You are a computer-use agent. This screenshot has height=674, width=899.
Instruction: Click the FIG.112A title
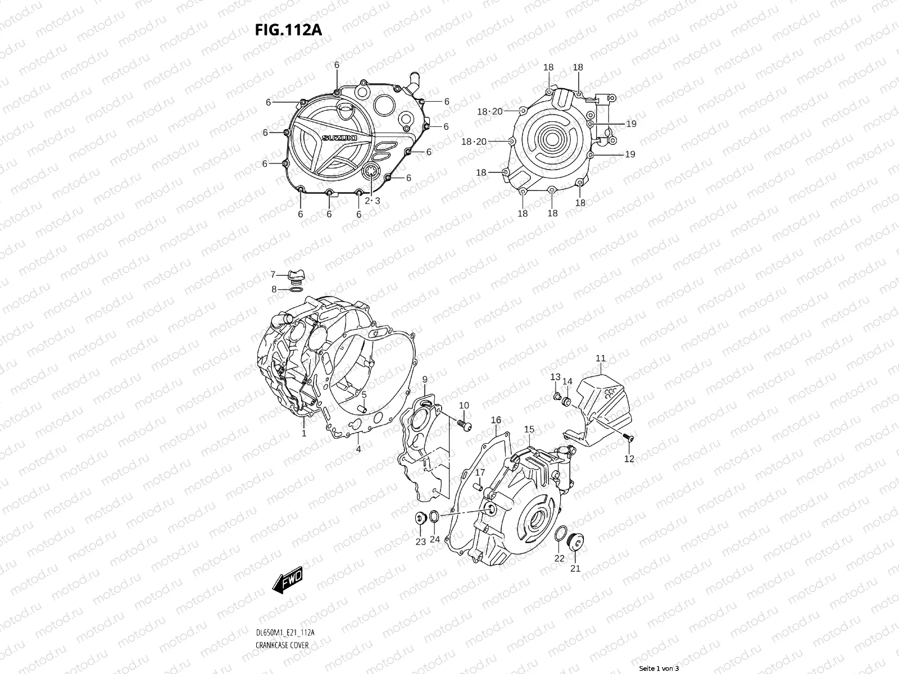[x=288, y=30]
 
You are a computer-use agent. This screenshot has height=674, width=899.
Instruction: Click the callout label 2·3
[x=372, y=201]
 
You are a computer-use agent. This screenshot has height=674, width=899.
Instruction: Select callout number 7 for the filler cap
[x=273, y=275]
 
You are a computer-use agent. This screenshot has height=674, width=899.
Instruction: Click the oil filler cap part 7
[x=296, y=275]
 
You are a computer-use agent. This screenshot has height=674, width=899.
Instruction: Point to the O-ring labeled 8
[x=297, y=289]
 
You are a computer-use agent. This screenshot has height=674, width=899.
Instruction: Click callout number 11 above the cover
[x=601, y=358]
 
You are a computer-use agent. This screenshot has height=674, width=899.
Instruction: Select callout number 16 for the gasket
[x=496, y=420]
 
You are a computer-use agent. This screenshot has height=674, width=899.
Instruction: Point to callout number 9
[x=425, y=380]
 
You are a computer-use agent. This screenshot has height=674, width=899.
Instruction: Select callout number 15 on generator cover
[x=529, y=430]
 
